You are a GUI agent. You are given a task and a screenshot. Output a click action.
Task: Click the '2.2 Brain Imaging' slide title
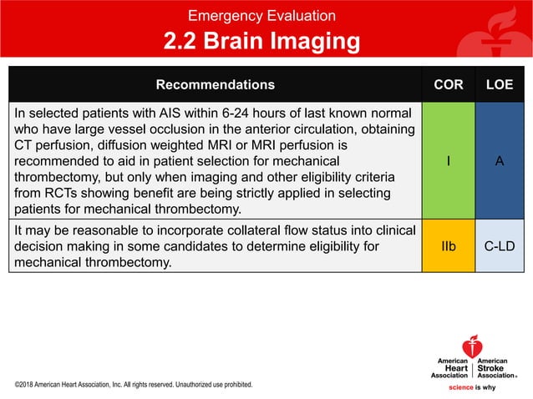pyautogui.click(x=261, y=42)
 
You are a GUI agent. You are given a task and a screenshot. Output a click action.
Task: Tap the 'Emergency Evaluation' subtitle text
pyautogui.click(x=261, y=16)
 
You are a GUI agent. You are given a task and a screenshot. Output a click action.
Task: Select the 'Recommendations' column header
pyautogui.click(x=215, y=85)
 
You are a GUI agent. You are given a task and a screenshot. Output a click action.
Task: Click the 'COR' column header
pyautogui.click(x=449, y=85)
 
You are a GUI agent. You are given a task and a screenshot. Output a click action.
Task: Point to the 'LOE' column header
pyautogui.click(x=500, y=85)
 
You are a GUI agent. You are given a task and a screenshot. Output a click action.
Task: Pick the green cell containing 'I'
pyautogui.click(x=449, y=161)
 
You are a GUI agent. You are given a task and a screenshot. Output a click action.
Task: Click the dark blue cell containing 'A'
pyautogui.click(x=500, y=161)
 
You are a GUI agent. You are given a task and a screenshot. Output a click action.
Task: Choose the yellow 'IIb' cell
pyautogui.click(x=449, y=247)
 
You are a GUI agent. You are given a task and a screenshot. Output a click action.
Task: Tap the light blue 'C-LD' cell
pyautogui.click(x=500, y=247)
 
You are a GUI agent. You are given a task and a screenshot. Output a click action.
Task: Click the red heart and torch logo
pyautogui.click(x=472, y=346)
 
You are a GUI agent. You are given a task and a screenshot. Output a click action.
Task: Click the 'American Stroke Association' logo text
pyautogui.click(x=497, y=368)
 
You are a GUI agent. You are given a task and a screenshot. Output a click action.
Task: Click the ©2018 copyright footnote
pyautogui.click(x=134, y=385)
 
